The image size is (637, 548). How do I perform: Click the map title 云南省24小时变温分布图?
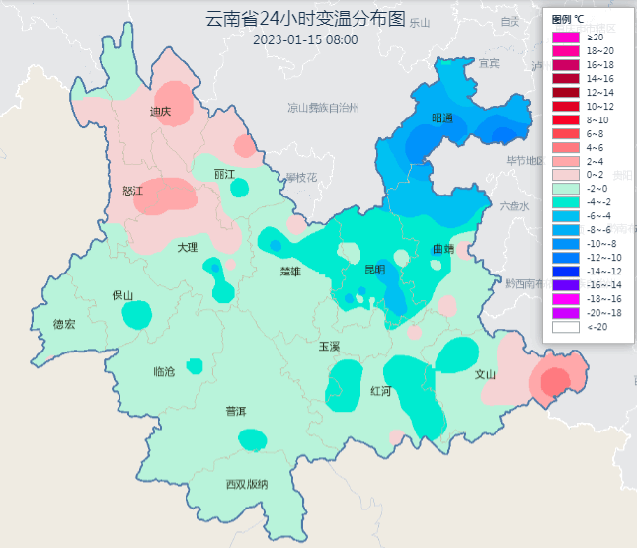pyautogui.click(x=305, y=20)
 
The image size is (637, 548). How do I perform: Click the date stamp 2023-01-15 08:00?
pyautogui.click(x=305, y=40)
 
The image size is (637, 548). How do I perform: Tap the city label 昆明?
pyautogui.click(x=375, y=269)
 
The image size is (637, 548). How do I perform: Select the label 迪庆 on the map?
pyautogui.click(x=160, y=112)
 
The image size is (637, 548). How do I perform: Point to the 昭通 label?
pyautogui.click(x=442, y=118)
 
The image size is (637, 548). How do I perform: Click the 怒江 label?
pyautogui.click(x=133, y=191)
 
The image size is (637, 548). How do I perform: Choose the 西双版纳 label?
pyautogui.click(x=246, y=484)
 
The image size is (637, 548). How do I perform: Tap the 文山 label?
pyautogui.click(x=485, y=374)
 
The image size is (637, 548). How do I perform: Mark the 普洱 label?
pyautogui.click(x=236, y=411)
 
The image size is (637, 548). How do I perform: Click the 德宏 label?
pyautogui.click(x=64, y=324)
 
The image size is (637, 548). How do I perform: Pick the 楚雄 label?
pyautogui.click(x=289, y=271)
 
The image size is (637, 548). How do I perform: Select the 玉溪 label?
pyautogui.click(x=329, y=347)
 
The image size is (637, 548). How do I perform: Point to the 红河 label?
pyautogui.click(x=380, y=391)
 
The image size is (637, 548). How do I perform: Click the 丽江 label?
pyautogui.click(x=225, y=174)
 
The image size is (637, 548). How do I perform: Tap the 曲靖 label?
pyautogui.click(x=442, y=249)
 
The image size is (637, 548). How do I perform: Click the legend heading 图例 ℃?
pyautogui.click(x=567, y=19)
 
